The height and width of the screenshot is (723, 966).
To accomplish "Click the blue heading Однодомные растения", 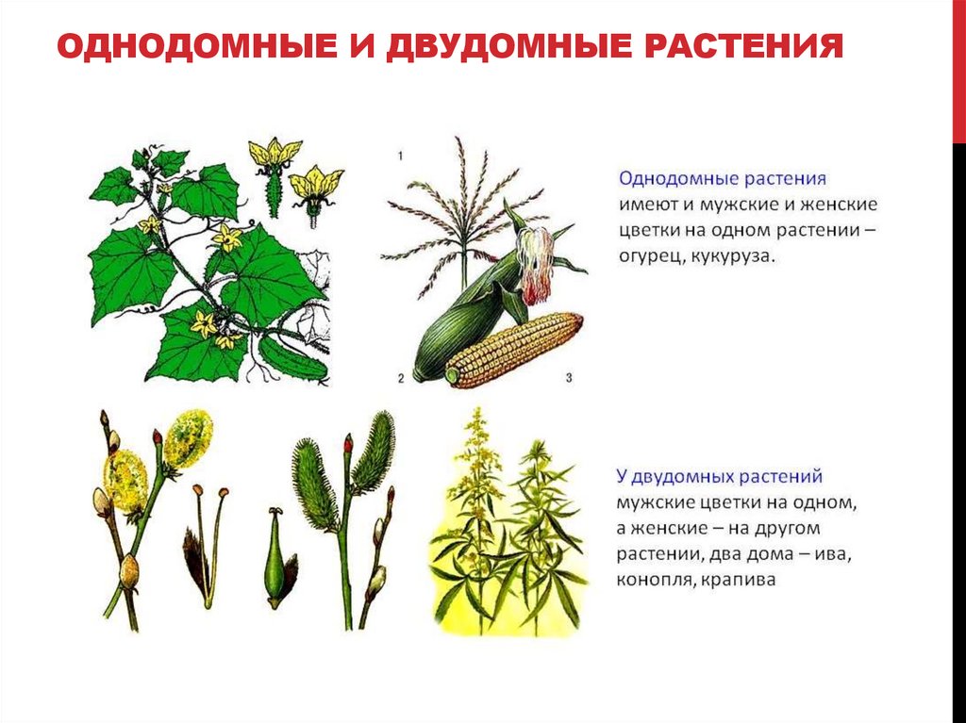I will tap(723, 177).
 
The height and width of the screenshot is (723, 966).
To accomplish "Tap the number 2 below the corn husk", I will tap(401, 378).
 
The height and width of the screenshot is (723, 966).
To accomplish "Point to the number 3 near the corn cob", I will tap(569, 378).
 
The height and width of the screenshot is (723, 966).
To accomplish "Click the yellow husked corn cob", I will tap(514, 350).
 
